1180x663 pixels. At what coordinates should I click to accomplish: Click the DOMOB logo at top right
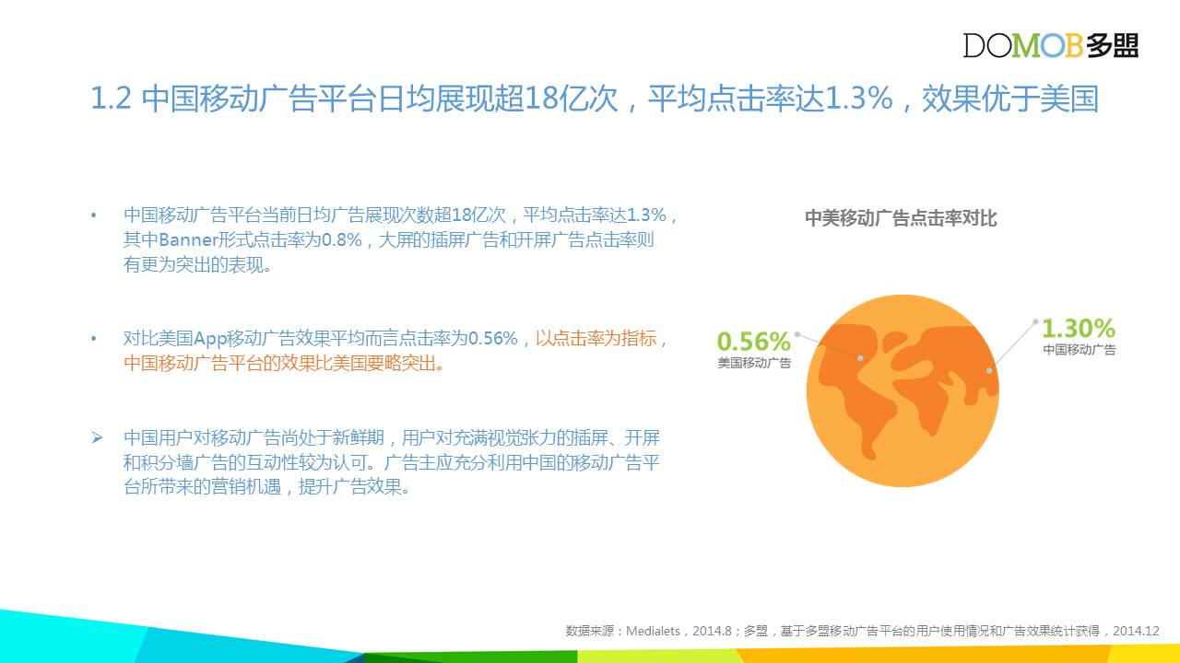click(x=1051, y=45)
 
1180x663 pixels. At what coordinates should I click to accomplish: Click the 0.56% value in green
click(x=754, y=341)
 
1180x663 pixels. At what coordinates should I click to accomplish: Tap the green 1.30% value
click(x=1079, y=328)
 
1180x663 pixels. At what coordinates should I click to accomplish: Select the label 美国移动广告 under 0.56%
click(x=754, y=363)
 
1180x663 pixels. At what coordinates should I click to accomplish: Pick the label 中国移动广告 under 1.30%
click(x=1080, y=349)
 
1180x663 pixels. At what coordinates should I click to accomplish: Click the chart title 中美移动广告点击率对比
click(x=901, y=218)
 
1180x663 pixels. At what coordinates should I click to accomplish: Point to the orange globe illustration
click(x=903, y=390)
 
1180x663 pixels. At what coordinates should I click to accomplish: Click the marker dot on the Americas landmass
click(x=860, y=358)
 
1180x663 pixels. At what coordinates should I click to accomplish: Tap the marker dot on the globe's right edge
click(x=989, y=371)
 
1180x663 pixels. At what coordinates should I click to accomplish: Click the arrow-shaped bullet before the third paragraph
click(x=97, y=437)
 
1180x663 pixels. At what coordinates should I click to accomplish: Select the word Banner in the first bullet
click(x=187, y=240)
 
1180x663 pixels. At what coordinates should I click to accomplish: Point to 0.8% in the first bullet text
click(x=341, y=240)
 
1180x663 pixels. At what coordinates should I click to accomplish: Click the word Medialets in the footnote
click(x=653, y=631)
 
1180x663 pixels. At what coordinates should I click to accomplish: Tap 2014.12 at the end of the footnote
click(x=1137, y=631)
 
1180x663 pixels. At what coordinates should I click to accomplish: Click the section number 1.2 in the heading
click(x=111, y=98)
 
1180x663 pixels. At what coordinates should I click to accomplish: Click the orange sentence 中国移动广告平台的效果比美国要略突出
click(x=284, y=363)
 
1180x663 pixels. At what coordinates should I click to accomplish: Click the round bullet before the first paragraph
click(x=94, y=215)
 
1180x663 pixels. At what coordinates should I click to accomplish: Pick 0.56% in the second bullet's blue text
click(x=493, y=338)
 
